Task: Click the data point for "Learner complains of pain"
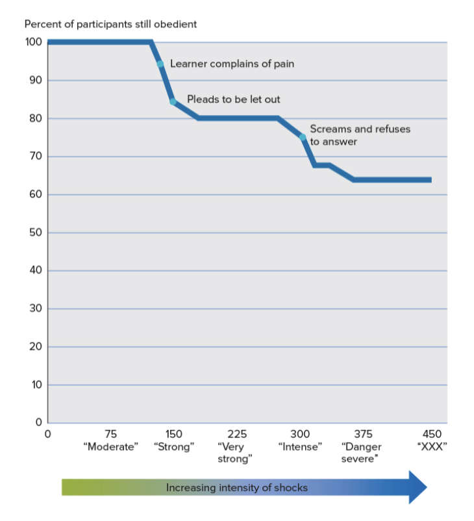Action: [x=160, y=64]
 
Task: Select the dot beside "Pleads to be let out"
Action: [x=173, y=101]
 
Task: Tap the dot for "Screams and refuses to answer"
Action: [x=303, y=136]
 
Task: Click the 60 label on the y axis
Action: [x=36, y=195]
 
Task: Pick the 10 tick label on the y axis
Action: [x=36, y=385]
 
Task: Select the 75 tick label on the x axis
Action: [x=110, y=434]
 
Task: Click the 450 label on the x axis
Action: [x=431, y=434]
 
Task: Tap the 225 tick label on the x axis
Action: [x=237, y=434]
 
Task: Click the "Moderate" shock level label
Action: [x=110, y=447]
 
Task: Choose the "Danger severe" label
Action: [x=361, y=453]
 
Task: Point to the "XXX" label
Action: [x=431, y=447]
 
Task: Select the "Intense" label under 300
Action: [x=300, y=447]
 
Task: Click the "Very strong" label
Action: [x=235, y=453]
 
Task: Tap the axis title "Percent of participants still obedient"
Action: [x=110, y=25]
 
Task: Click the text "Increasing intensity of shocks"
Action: [x=236, y=487]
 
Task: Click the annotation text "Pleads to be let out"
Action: [x=234, y=99]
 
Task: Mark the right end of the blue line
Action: [x=430, y=180]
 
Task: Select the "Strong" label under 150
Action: [x=174, y=447]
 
